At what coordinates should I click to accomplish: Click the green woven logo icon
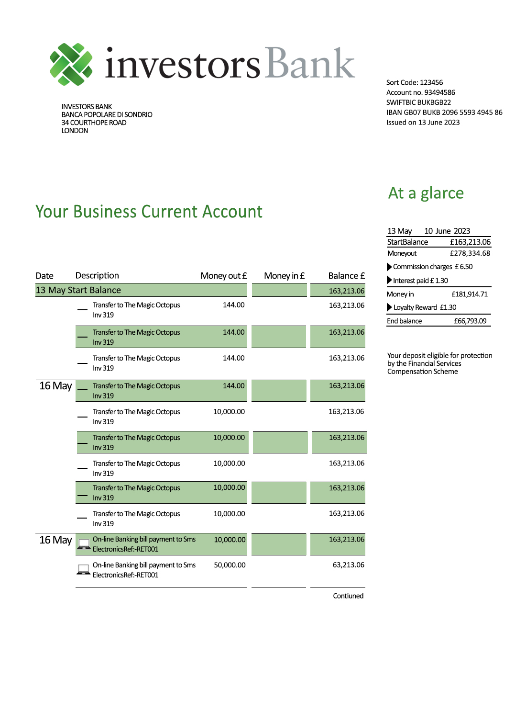71,64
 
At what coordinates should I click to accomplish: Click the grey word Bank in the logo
310,63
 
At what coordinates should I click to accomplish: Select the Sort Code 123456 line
414,82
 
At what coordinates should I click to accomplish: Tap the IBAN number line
444,113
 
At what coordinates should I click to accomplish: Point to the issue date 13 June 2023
423,123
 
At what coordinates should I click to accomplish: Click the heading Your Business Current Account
149,212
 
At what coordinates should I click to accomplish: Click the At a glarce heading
426,193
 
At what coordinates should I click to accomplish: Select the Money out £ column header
223,276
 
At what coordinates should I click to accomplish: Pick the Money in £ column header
284,276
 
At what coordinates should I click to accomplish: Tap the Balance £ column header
346,276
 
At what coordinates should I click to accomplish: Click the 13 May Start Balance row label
78,290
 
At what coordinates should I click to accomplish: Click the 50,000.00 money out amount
230,565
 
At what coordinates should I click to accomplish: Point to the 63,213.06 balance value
348,565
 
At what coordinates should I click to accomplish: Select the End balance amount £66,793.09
470,321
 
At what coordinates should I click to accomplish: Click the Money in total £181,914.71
469,294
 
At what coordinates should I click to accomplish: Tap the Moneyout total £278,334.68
470,253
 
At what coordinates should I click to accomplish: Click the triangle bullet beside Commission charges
389,267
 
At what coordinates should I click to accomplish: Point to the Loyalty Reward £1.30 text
425,307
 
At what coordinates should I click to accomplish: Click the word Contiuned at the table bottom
348,596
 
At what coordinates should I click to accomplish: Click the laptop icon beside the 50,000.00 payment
84,570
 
